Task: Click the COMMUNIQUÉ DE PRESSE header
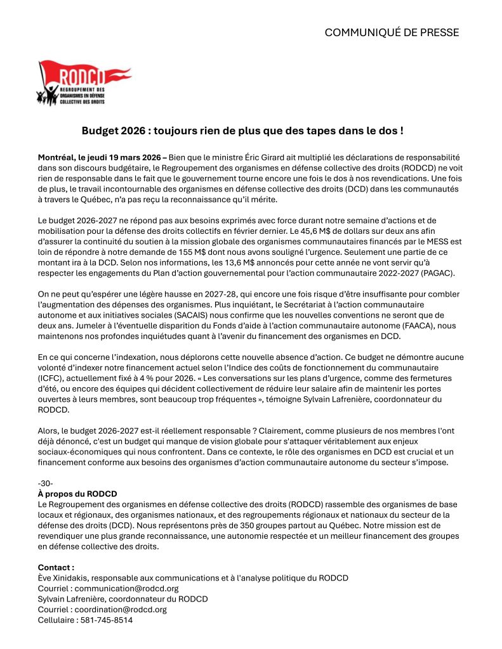392,32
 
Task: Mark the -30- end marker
46,483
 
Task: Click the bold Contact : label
56,567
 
